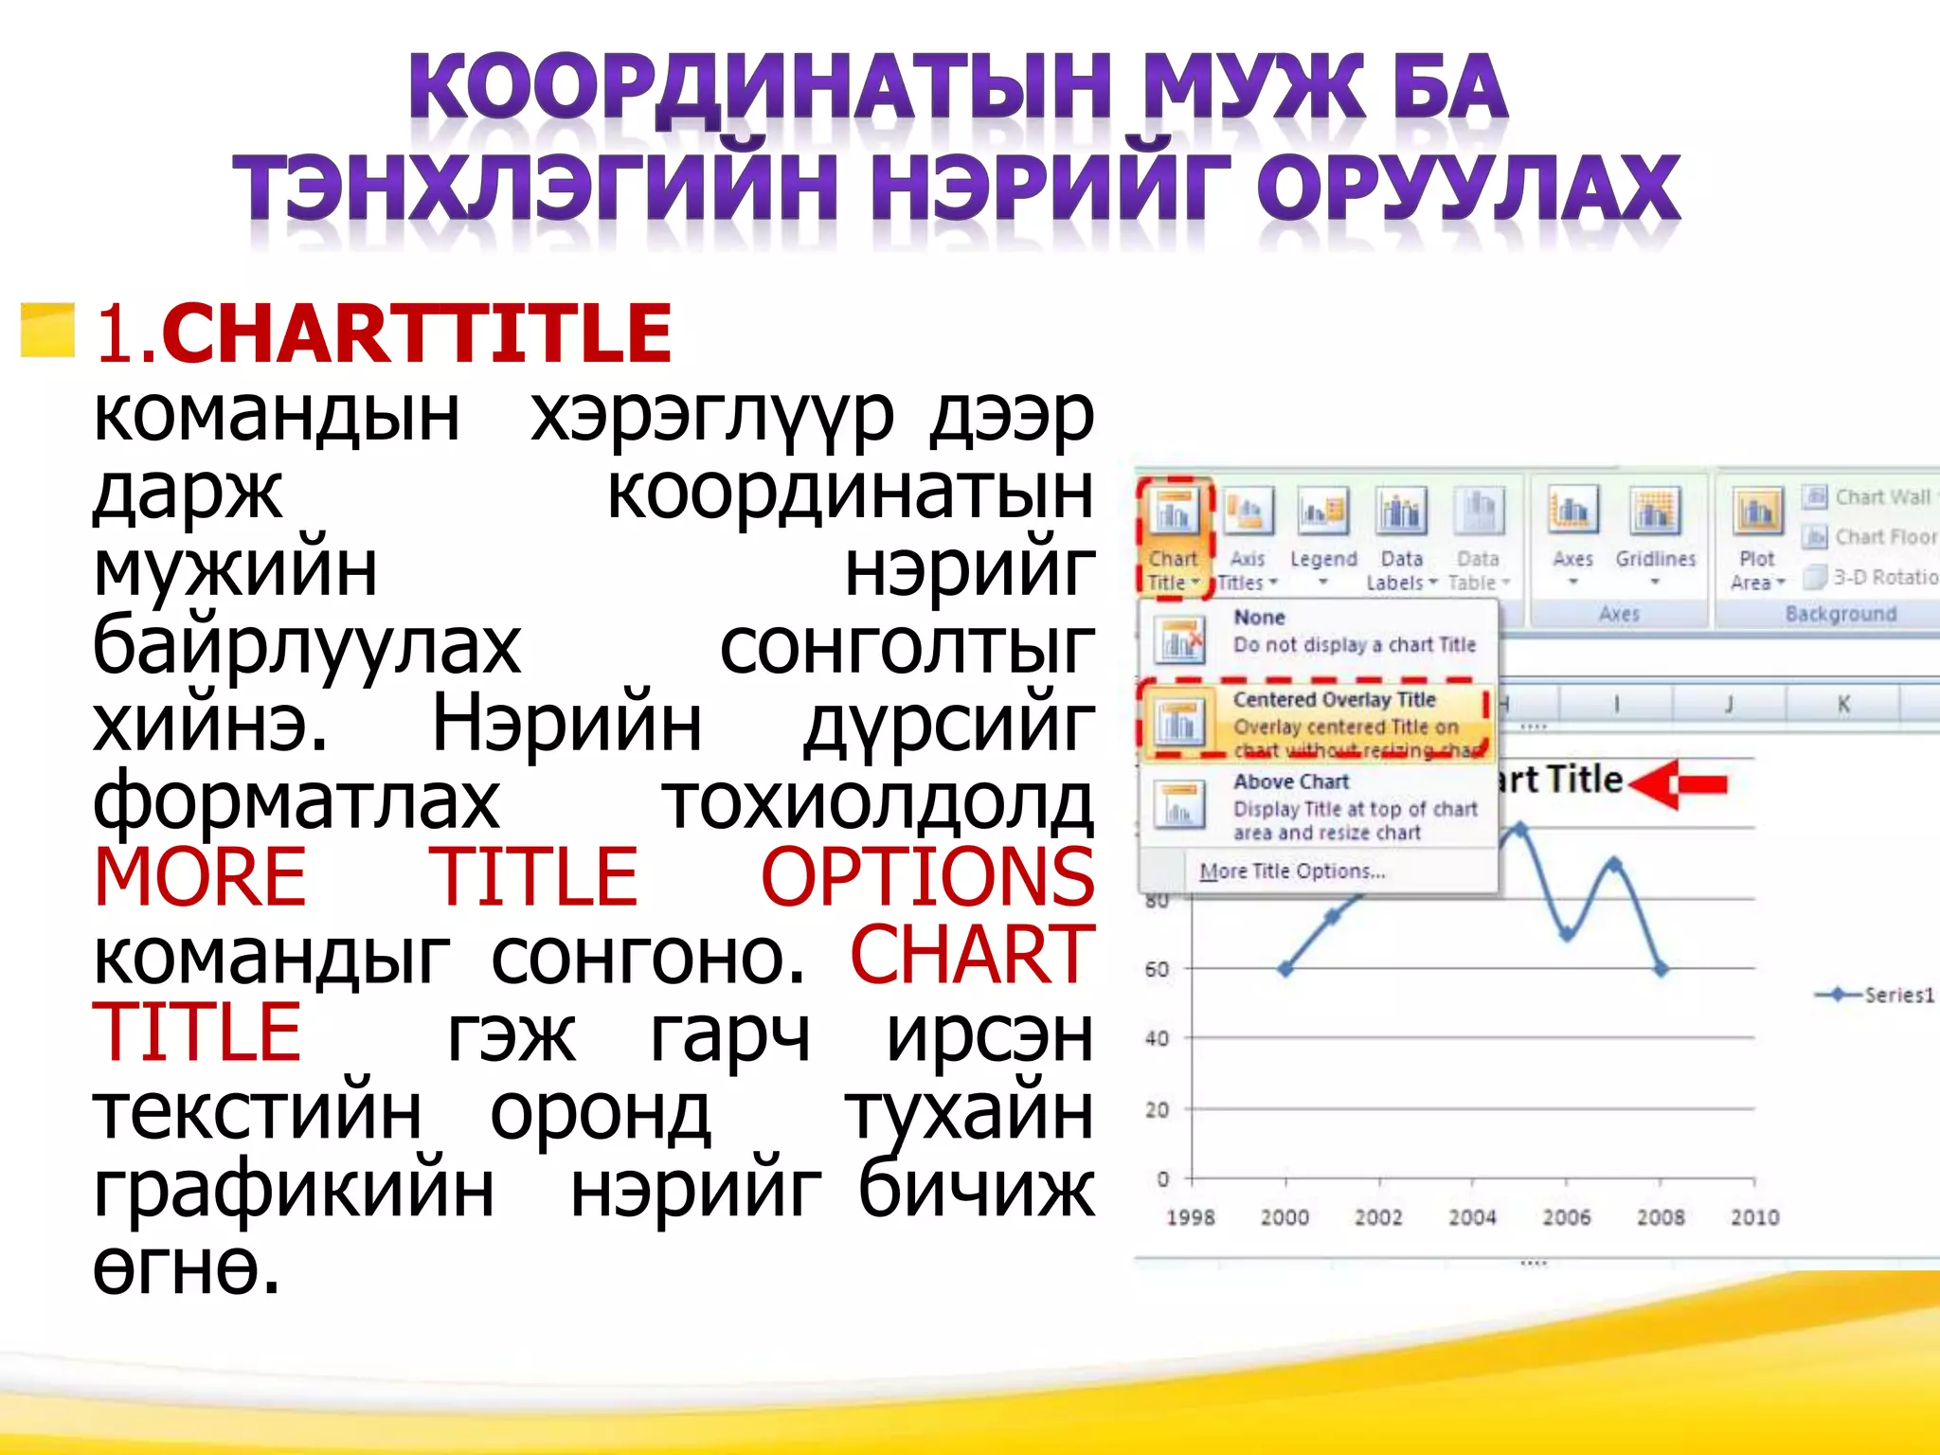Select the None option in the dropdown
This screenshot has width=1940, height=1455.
click(1317, 632)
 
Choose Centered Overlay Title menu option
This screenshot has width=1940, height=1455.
click(1317, 723)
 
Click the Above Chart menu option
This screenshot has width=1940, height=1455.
click(1317, 806)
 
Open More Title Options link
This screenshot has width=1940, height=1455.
click(1292, 871)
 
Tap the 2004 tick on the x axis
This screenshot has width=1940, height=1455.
click(1472, 1217)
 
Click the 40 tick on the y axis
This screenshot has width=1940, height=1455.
click(1157, 1039)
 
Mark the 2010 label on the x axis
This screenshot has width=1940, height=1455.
click(1754, 1217)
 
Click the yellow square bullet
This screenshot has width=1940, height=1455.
click(47, 331)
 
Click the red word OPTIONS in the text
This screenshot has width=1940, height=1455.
click(927, 877)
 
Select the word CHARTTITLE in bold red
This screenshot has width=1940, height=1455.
click(417, 333)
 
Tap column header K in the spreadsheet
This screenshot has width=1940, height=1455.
click(1843, 704)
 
